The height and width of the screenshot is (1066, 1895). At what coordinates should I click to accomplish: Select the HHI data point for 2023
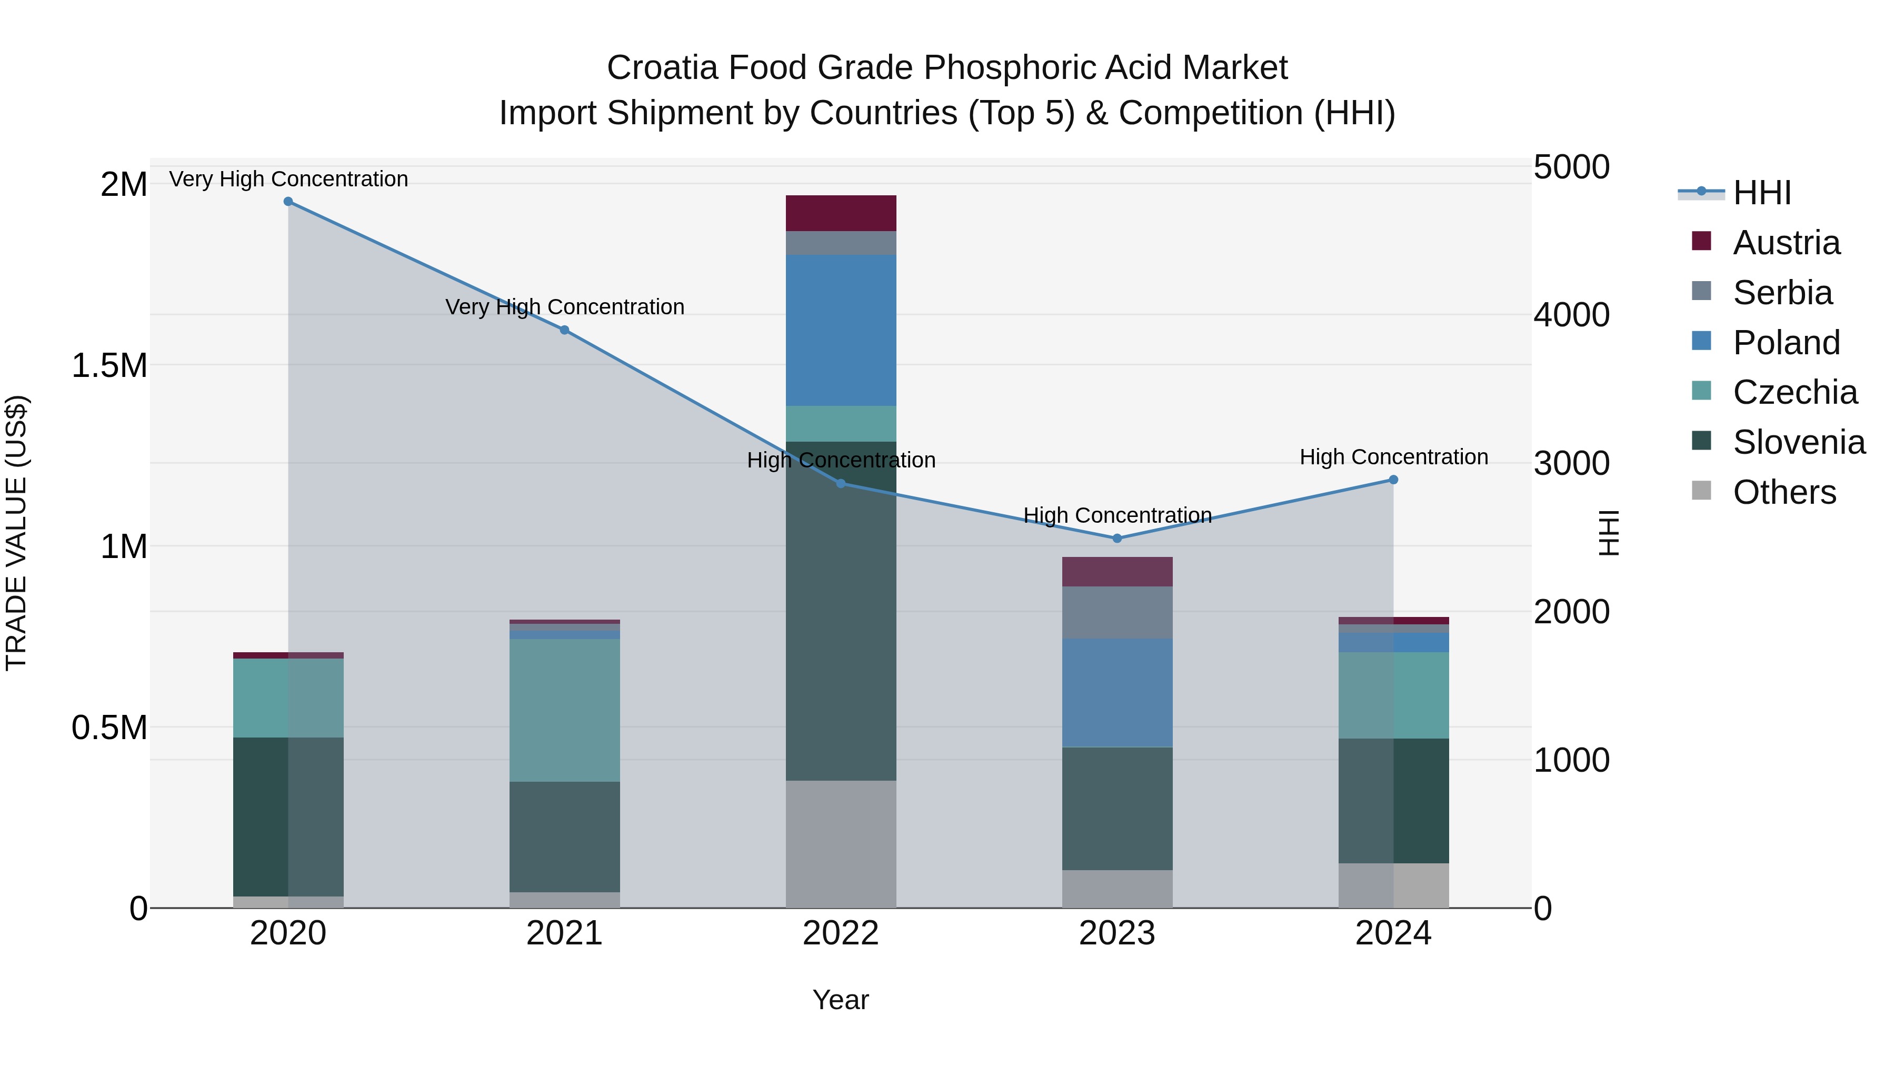click(x=1116, y=539)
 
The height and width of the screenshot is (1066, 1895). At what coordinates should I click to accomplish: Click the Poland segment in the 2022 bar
click(x=841, y=330)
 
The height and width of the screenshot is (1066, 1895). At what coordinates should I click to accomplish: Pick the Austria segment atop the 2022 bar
click(x=841, y=213)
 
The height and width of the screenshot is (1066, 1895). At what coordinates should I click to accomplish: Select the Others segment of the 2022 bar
click(x=841, y=844)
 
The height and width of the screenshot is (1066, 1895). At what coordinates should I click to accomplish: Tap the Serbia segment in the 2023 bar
click(x=1116, y=612)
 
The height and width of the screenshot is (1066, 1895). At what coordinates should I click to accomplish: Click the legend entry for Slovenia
click(x=1798, y=442)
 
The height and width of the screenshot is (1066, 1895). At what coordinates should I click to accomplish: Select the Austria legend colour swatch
click(x=1701, y=241)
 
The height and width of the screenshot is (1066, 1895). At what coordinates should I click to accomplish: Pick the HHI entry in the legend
click(x=1761, y=193)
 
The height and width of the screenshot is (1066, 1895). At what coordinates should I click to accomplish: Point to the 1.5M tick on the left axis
click(x=109, y=366)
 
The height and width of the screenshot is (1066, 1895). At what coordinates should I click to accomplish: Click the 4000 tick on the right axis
click(x=1571, y=315)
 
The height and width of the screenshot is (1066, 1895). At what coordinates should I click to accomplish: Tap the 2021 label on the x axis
click(x=564, y=933)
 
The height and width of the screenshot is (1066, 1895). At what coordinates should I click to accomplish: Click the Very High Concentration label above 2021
click(x=564, y=307)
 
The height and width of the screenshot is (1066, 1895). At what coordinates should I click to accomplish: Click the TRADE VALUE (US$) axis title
click(x=16, y=533)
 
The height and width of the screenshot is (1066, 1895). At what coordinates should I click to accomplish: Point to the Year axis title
click(x=840, y=1000)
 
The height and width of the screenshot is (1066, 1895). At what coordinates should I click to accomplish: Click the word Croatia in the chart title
click(x=661, y=68)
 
